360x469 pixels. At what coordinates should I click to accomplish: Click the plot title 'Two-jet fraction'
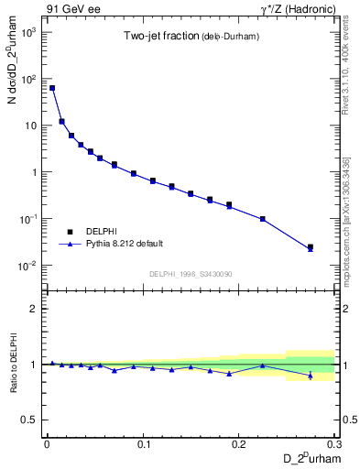coord(157,37)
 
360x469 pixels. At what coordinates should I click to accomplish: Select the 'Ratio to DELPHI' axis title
coord(12,364)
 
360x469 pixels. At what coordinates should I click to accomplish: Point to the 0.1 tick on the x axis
coord(143,442)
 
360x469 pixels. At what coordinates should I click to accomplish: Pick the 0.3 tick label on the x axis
coord(334,442)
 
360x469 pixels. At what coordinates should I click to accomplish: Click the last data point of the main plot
coord(311,247)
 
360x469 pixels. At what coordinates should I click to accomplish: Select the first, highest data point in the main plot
coord(52,88)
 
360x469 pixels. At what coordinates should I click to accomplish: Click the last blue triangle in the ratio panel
coord(311,376)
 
